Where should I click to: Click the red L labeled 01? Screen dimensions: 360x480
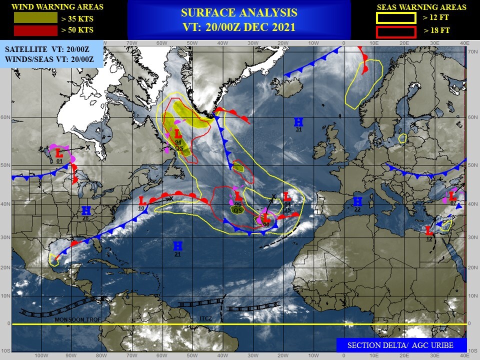(x=58, y=152)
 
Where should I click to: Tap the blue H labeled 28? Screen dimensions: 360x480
(x=85, y=210)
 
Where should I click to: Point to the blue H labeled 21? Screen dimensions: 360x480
(x=177, y=245)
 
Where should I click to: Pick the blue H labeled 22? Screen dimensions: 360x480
(x=357, y=201)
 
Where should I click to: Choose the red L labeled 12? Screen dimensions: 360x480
(x=429, y=230)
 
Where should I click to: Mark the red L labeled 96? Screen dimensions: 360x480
(x=238, y=196)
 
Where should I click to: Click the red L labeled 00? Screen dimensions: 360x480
(x=266, y=218)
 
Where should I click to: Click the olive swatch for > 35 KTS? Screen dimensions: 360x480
(x=35, y=18)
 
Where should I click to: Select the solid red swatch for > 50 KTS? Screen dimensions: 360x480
(x=35, y=30)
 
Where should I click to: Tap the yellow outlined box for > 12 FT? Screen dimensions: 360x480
(x=396, y=18)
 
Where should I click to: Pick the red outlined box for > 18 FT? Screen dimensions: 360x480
(x=396, y=32)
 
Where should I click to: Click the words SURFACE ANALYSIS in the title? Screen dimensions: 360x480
(x=239, y=13)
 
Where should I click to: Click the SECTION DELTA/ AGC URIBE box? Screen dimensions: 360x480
(x=401, y=345)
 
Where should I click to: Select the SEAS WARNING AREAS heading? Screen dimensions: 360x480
(x=421, y=7)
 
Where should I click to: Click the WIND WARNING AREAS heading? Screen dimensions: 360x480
(x=57, y=7)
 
